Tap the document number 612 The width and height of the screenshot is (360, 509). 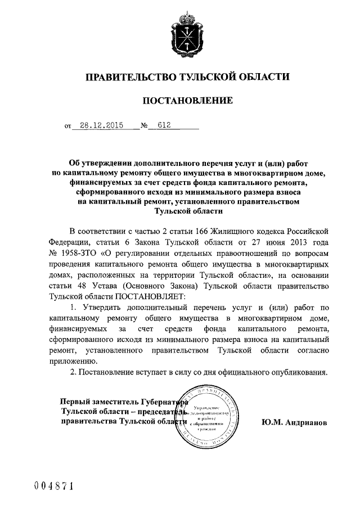(164, 126)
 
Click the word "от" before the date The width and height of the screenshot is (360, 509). (68, 127)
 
